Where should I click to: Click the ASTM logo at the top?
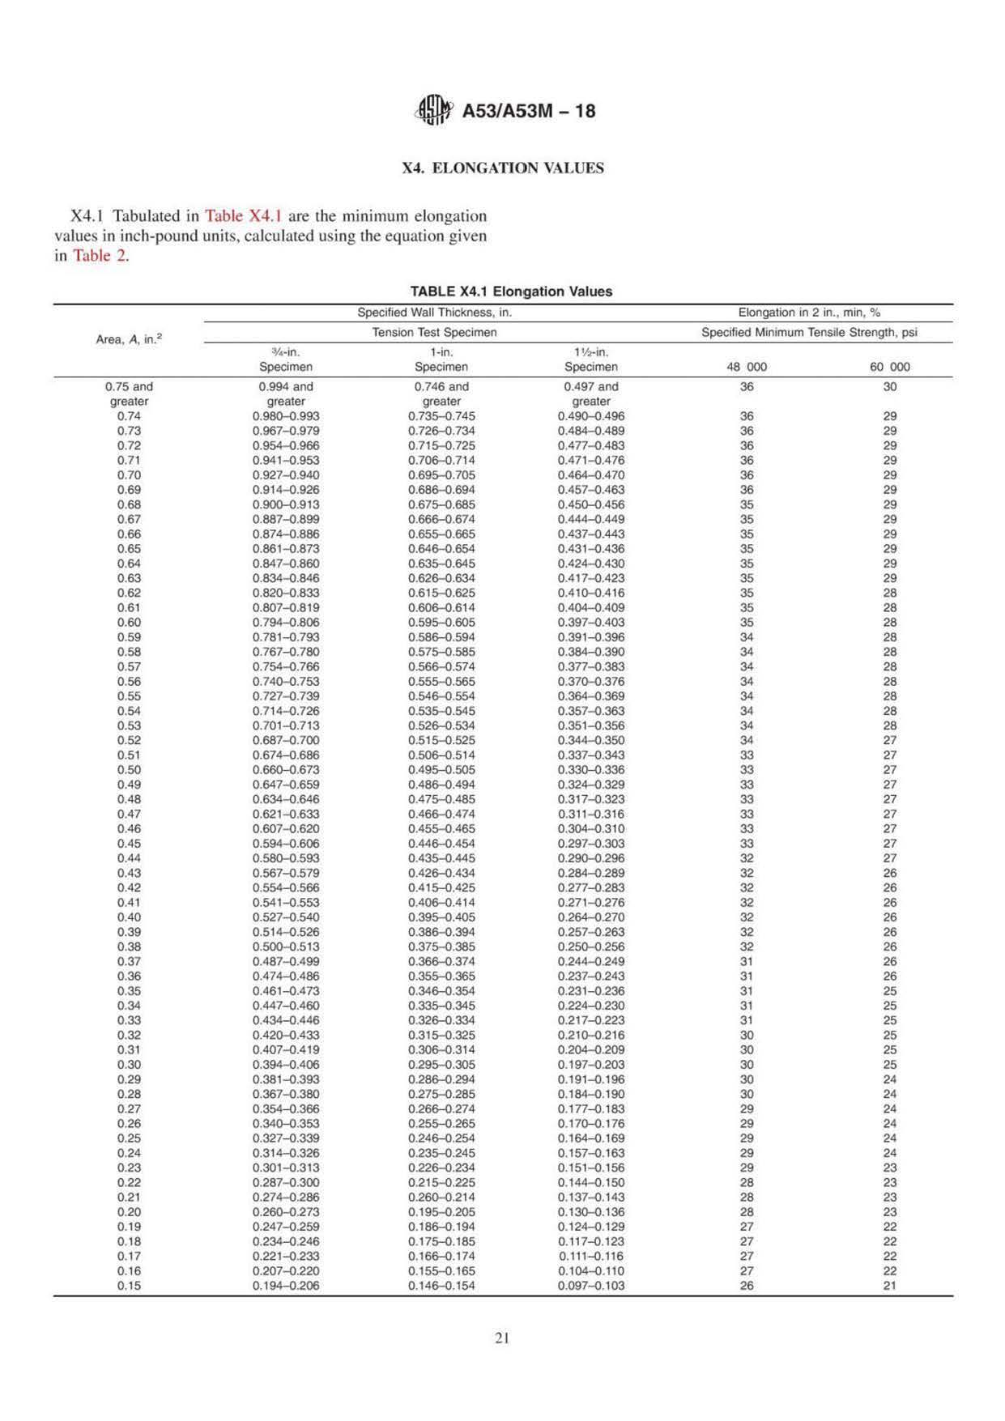pyautogui.click(x=434, y=110)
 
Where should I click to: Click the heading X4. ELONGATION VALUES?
pyautogui.click(x=503, y=168)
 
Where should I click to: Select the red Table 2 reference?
pyautogui.click(x=100, y=256)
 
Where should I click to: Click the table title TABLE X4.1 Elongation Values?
pyautogui.click(x=511, y=291)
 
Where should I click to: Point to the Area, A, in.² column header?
pyautogui.click(x=129, y=340)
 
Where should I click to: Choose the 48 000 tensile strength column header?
pyautogui.click(x=747, y=367)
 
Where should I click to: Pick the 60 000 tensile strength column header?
pyautogui.click(x=889, y=367)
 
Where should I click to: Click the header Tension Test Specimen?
pyautogui.click(x=434, y=332)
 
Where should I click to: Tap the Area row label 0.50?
pyautogui.click(x=129, y=770)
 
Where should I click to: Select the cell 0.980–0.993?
pyautogui.click(x=286, y=416)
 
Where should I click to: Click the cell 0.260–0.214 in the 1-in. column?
pyautogui.click(x=441, y=1198)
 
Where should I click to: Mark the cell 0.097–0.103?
pyautogui.click(x=591, y=1286)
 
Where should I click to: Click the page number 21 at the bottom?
pyautogui.click(x=502, y=1338)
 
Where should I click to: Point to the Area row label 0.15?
pyautogui.click(x=129, y=1286)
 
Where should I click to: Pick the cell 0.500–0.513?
pyautogui.click(x=286, y=947)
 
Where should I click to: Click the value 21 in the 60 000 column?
pyautogui.click(x=889, y=1286)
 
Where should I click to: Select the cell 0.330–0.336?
pyautogui.click(x=591, y=770)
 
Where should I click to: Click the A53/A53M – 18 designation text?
pyautogui.click(x=528, y=111)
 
